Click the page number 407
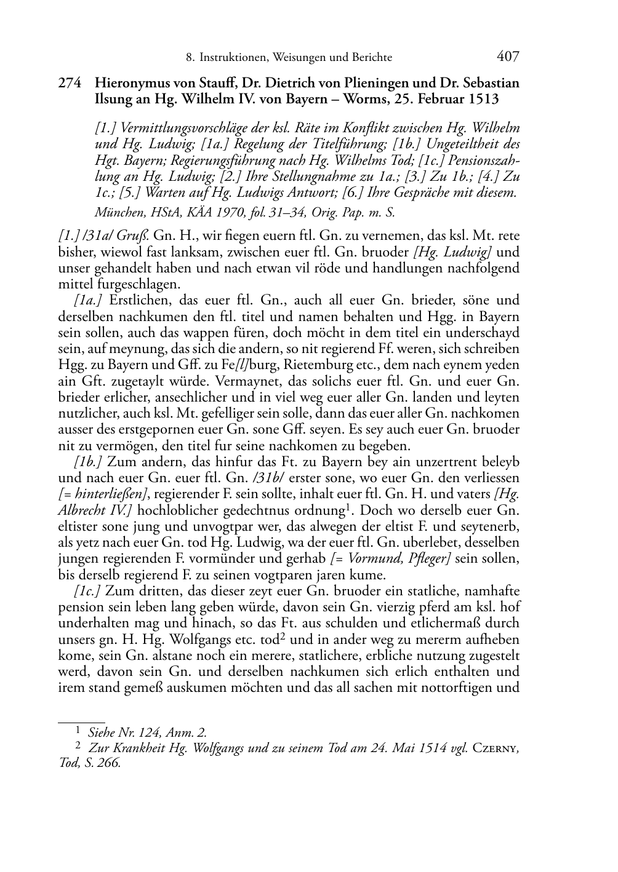point(507,57)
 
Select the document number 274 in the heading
point(70,83)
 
